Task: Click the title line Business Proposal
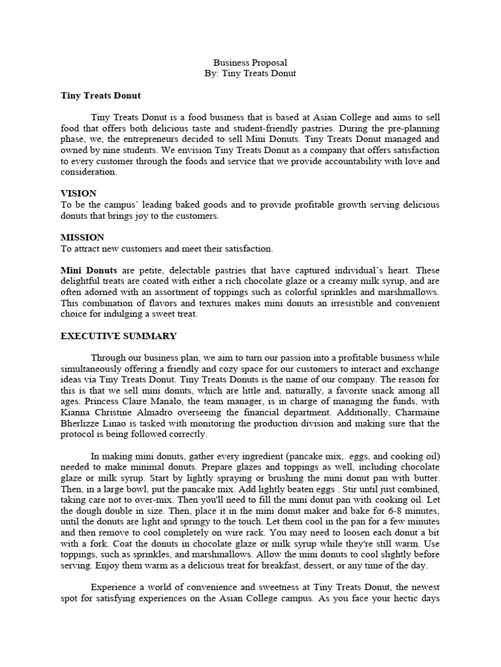tap(250, 63)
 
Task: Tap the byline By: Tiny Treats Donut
tap(250, 74)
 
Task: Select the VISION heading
tap(78, 193)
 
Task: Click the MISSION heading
tap(82, 238)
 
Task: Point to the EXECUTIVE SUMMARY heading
tap(118, 336)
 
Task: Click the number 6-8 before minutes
tap(376, 511)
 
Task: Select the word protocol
tap(78, 434)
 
